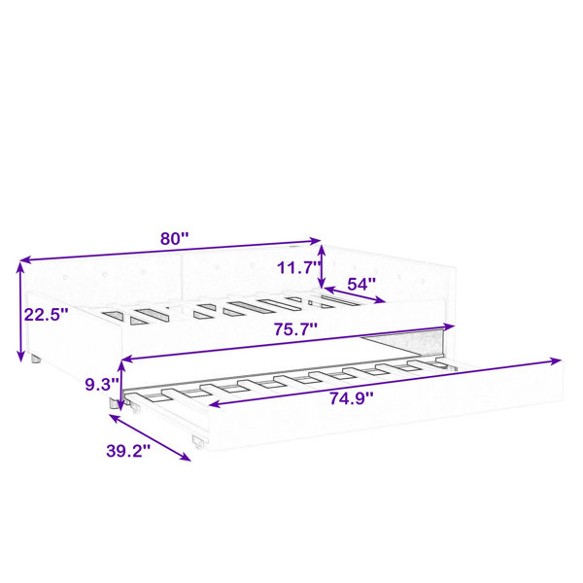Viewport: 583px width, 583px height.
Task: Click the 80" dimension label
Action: point(174,238)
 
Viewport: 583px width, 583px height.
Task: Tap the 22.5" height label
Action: point(47,315)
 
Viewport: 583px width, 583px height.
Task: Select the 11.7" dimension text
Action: point(299,267)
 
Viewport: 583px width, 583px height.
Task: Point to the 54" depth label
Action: point(361,285)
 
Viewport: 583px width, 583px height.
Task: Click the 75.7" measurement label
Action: point(296,329)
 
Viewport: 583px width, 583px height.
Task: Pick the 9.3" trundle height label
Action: point(102,384)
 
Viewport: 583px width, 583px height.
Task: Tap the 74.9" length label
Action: point(352,399)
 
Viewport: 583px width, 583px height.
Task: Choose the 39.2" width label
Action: point(128,452)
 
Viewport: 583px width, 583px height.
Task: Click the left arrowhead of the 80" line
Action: point(24,259)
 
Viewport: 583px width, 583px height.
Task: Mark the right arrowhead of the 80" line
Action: point(315,241)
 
